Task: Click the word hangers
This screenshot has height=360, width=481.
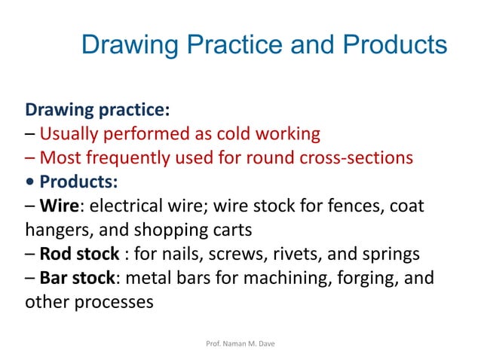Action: coord(55,230)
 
